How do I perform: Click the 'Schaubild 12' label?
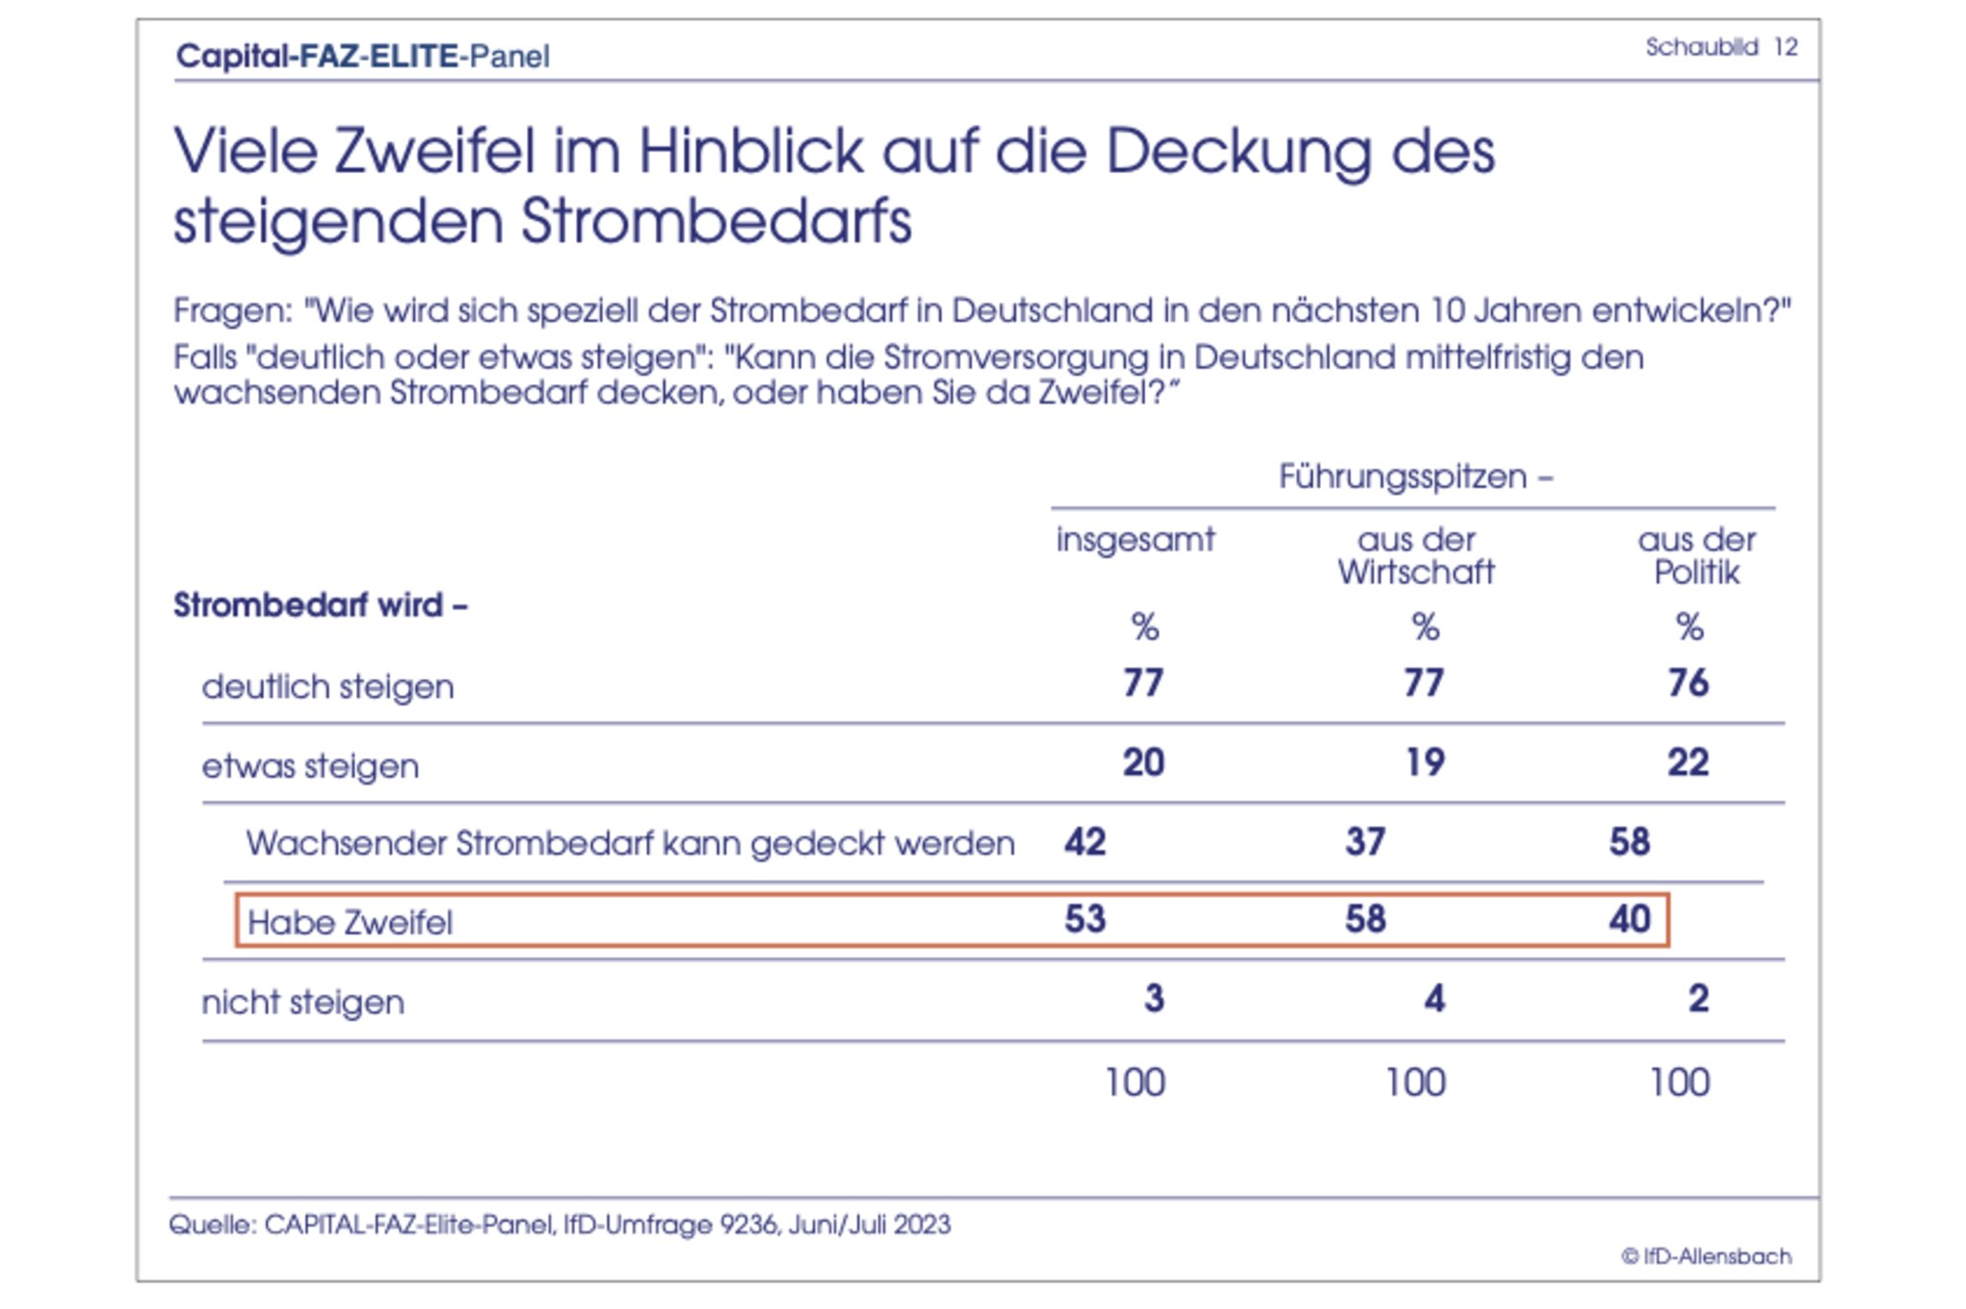[x=1720, y=47]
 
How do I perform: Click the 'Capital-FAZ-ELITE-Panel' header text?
[x=363, y=56]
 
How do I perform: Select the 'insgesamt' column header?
[x=1135, y=540]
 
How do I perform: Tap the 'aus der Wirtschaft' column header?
[x=1416, y=556]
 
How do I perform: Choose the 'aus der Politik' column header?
[x=1696, y=556]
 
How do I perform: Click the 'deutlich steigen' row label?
[x=327, y=687]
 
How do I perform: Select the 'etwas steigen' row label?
[x=310, y=766]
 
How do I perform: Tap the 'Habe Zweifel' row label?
[x=349, y=922]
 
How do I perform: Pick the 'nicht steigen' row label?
[x=302, y=1002]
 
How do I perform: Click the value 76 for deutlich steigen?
[x=1688, y=683]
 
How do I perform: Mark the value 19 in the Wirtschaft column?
[x=1425, y=763]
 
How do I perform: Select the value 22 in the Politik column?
[x=1688, y=763]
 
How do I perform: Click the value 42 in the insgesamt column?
[x=1085, y=842]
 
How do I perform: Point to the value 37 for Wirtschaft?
[x=1365, y=842]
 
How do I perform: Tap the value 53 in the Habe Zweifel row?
[x=1085, y=919]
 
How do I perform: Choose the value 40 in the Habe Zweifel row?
[x=1629, y=919]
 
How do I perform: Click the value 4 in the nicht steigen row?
[x=1433, y=999]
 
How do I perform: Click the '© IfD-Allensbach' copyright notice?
[x=1706, y=1256]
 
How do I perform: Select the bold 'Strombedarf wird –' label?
[x=320, y=605]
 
